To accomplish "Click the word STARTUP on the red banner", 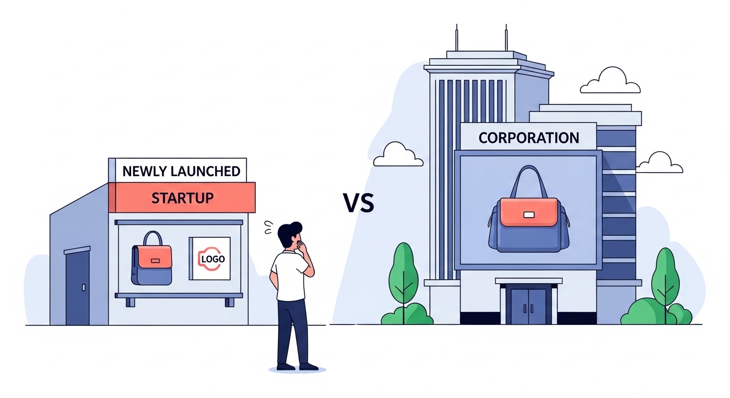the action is pyautogui.click(x=182, y=197).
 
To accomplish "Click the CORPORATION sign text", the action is pyautogui.click(x=528, y=138).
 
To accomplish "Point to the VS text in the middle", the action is pyautogui.click(x=358, y=203).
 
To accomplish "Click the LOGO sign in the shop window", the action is pyautogui.click(x=210, y=258).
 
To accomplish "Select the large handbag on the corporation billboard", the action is pyautogui.click(x=528, y=223).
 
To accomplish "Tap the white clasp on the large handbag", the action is pyautogui.click(x=529, y=215).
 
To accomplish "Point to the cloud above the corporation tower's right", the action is pyautogui.click(x=610, y=82).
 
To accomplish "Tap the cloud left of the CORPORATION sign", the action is pyautogui.click(x=395, y=155).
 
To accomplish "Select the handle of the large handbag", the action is pyautogui.click(x=528, y=179).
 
